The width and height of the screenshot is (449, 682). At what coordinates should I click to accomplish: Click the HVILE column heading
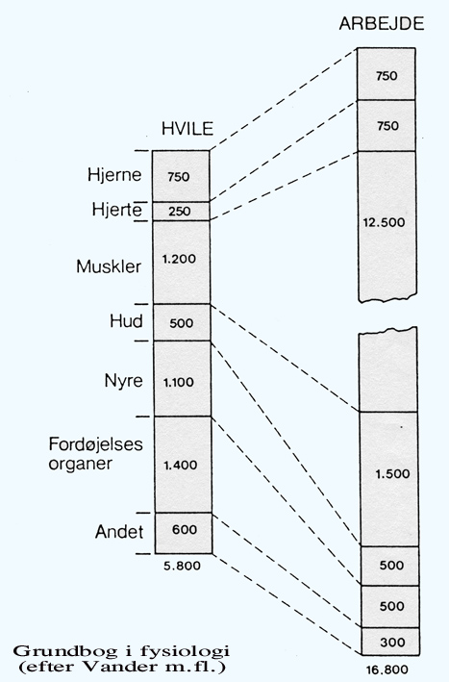coord(187,129)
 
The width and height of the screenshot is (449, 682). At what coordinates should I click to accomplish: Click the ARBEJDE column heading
coord(381,23)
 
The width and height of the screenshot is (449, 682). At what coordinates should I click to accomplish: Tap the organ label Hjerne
coord(114,175)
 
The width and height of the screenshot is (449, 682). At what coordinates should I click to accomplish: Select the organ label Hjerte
coord(116,210)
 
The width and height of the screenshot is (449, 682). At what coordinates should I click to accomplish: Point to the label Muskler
coord(109,266)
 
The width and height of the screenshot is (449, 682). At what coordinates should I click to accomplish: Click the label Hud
coord(126,321)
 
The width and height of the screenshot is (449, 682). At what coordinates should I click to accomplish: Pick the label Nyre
coord(123,381)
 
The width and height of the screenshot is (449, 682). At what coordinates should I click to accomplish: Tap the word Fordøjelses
coord(95,444)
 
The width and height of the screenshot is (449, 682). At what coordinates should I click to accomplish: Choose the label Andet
coord(119,532)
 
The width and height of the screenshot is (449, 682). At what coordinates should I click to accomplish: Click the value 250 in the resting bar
coord(180,212)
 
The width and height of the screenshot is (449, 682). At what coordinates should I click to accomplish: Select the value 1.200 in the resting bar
coord(179,259)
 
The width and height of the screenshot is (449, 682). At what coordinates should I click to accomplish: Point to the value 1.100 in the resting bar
coord(179,383)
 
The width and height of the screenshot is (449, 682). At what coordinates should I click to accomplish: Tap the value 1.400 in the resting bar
coord(181,465)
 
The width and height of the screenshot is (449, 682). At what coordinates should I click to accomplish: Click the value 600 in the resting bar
coord(185,529)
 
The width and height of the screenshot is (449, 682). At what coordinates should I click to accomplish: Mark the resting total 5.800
coord(182,566)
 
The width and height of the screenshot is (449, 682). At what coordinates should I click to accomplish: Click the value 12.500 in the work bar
coord(384,222)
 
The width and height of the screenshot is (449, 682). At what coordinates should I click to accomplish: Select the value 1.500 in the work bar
coord(392,473)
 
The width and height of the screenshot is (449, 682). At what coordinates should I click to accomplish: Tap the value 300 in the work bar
coord(392,642)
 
